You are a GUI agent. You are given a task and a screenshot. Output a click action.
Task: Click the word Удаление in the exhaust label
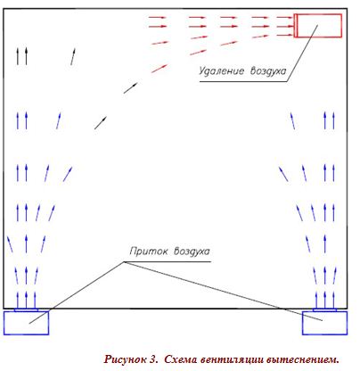tap(221, 71)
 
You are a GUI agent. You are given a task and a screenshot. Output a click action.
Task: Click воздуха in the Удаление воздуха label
tap(268, 71)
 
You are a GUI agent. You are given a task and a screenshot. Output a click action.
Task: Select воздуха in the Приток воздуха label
tap(192, 251)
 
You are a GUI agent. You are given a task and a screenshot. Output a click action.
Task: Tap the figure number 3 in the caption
tap(153, 359)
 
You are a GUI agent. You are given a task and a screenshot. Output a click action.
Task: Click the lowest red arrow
tap(160, 69)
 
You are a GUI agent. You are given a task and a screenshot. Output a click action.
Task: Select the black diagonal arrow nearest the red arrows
tap(131, 88)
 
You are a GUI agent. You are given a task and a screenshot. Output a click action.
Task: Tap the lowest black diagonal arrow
tap(101, 123)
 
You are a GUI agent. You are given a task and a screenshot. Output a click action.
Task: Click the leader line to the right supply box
tap(223, 292)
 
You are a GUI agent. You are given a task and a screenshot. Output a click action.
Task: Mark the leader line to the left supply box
tap(77, 293)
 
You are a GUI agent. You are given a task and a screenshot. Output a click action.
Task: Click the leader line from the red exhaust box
tap(302, 54)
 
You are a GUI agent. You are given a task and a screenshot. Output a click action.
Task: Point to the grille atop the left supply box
tap(26, 310)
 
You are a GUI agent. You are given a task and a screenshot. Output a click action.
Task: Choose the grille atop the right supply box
tap(324, 310)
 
